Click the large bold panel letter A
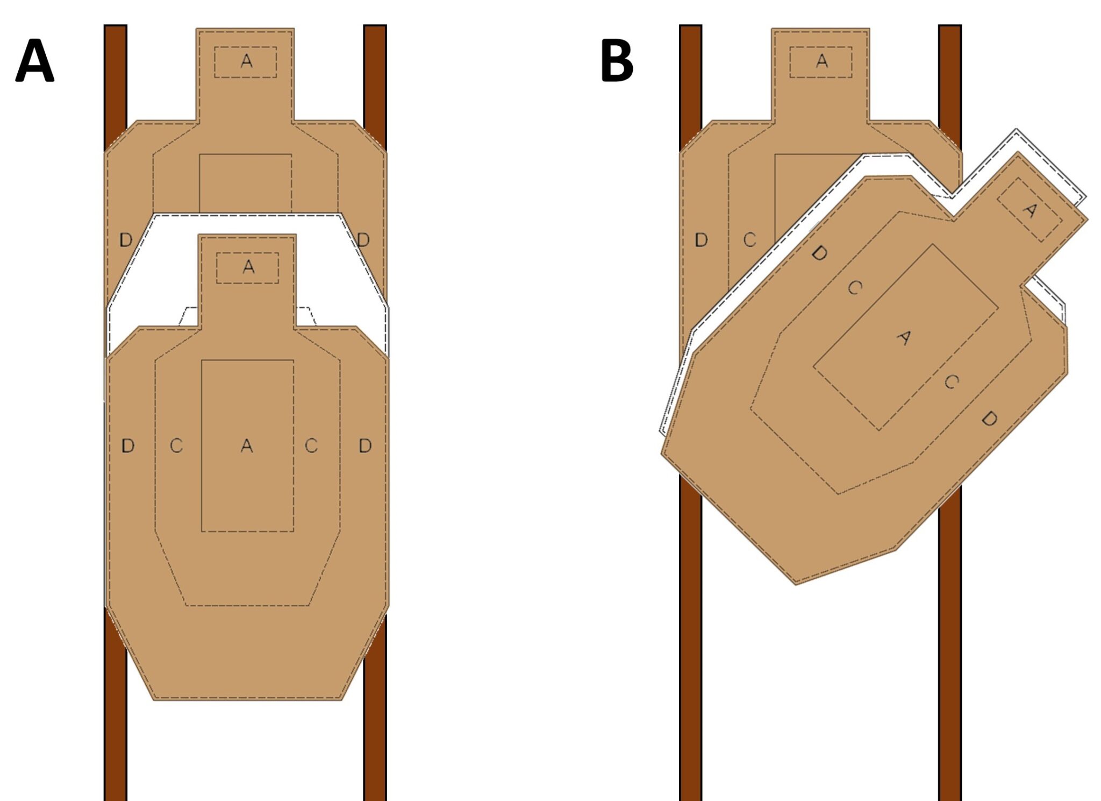click(x=34, y=61)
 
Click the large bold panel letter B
click(x=617, y=61)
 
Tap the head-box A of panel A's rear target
click(x=246, y=61)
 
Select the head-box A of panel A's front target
click(x=248, y=267)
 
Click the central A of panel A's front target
click(x=247, y=445)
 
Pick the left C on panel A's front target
click(x=176, y=445)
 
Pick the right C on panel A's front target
click(x=311, y=445)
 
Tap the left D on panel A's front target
click(x=127, y=445)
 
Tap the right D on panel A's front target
click(x=365, y=445)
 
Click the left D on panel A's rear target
click(x=125, y=240)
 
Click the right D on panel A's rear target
click(x=363, y=240)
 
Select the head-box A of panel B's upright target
click(x=821, y=61)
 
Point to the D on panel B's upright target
click(x=701, y=240)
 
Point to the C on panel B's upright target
click(x=749, y=240)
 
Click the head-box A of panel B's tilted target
click(x=1029, y=210)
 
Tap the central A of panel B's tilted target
click(x=904, y=338)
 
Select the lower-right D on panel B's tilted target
click(x=989, y=419)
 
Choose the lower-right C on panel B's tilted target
click(x=951, y=382)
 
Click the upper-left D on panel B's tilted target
click(x=819, y=253)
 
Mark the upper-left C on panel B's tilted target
click(x=855, y=288)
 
